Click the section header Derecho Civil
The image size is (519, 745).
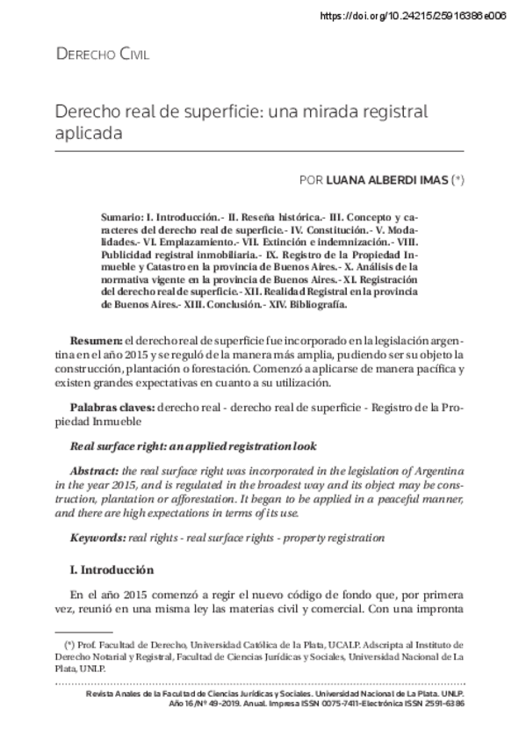click(x=102, y=54)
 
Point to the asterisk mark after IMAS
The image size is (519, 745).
click(x=458, y=180)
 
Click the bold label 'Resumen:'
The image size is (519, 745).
click(x=97, y=339)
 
